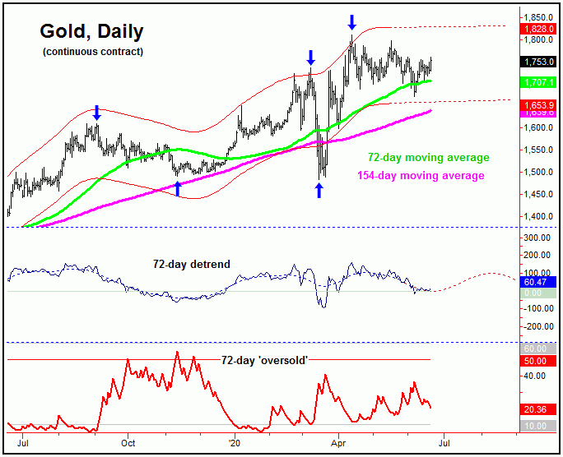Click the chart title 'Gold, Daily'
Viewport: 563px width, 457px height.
click(91, 32)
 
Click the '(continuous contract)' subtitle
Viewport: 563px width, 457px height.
click(92, 53)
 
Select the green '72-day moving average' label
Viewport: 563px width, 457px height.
click(429, 158)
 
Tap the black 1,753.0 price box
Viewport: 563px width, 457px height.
click(540, 62)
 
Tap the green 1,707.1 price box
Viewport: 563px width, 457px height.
click(540, 82)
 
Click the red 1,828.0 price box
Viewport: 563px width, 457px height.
click(540, 29)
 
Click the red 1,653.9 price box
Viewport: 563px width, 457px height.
click(540, 107)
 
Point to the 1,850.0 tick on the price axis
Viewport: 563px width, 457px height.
click(541, 17)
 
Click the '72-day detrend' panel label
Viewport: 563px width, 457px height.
click(192, 264)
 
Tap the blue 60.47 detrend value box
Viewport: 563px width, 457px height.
click(540, 282)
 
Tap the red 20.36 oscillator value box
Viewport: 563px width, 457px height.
click(540, 409)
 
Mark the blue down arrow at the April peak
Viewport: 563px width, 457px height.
click(352, 21)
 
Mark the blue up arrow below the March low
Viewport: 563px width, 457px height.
click(319, 190)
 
